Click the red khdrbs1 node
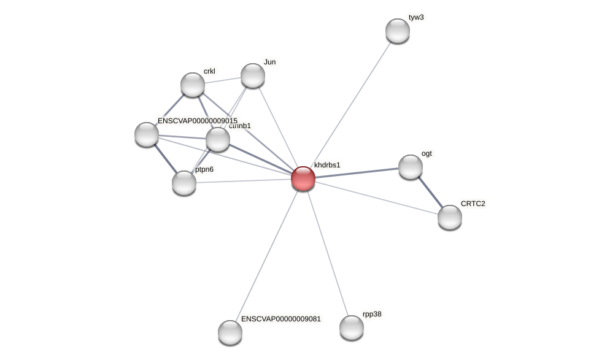(x=303, y=178)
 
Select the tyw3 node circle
(x=397, y=31)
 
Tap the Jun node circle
(x=252, y=75)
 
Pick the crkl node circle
(x=192, y=85)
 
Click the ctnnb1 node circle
(x=217, y=139)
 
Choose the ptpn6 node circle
(x=184, y=182)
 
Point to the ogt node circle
(x=410, y=167)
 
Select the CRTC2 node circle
(x=449, y=217)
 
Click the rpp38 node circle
(x=351, y=327)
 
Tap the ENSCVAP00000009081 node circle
(x=230, y=332)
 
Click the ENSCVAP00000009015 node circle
(x=146, y=134)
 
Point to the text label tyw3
(x=416, y=17)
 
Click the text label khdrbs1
(x=327, y=165)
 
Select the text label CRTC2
(x=473, y=204)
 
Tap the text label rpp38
(x=372, y=314)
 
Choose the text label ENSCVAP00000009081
(x=280, y=319)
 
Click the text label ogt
(x=427, y=153)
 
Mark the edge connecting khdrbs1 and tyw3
(x=350, y=104)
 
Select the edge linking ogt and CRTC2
(x=430, y=192)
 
